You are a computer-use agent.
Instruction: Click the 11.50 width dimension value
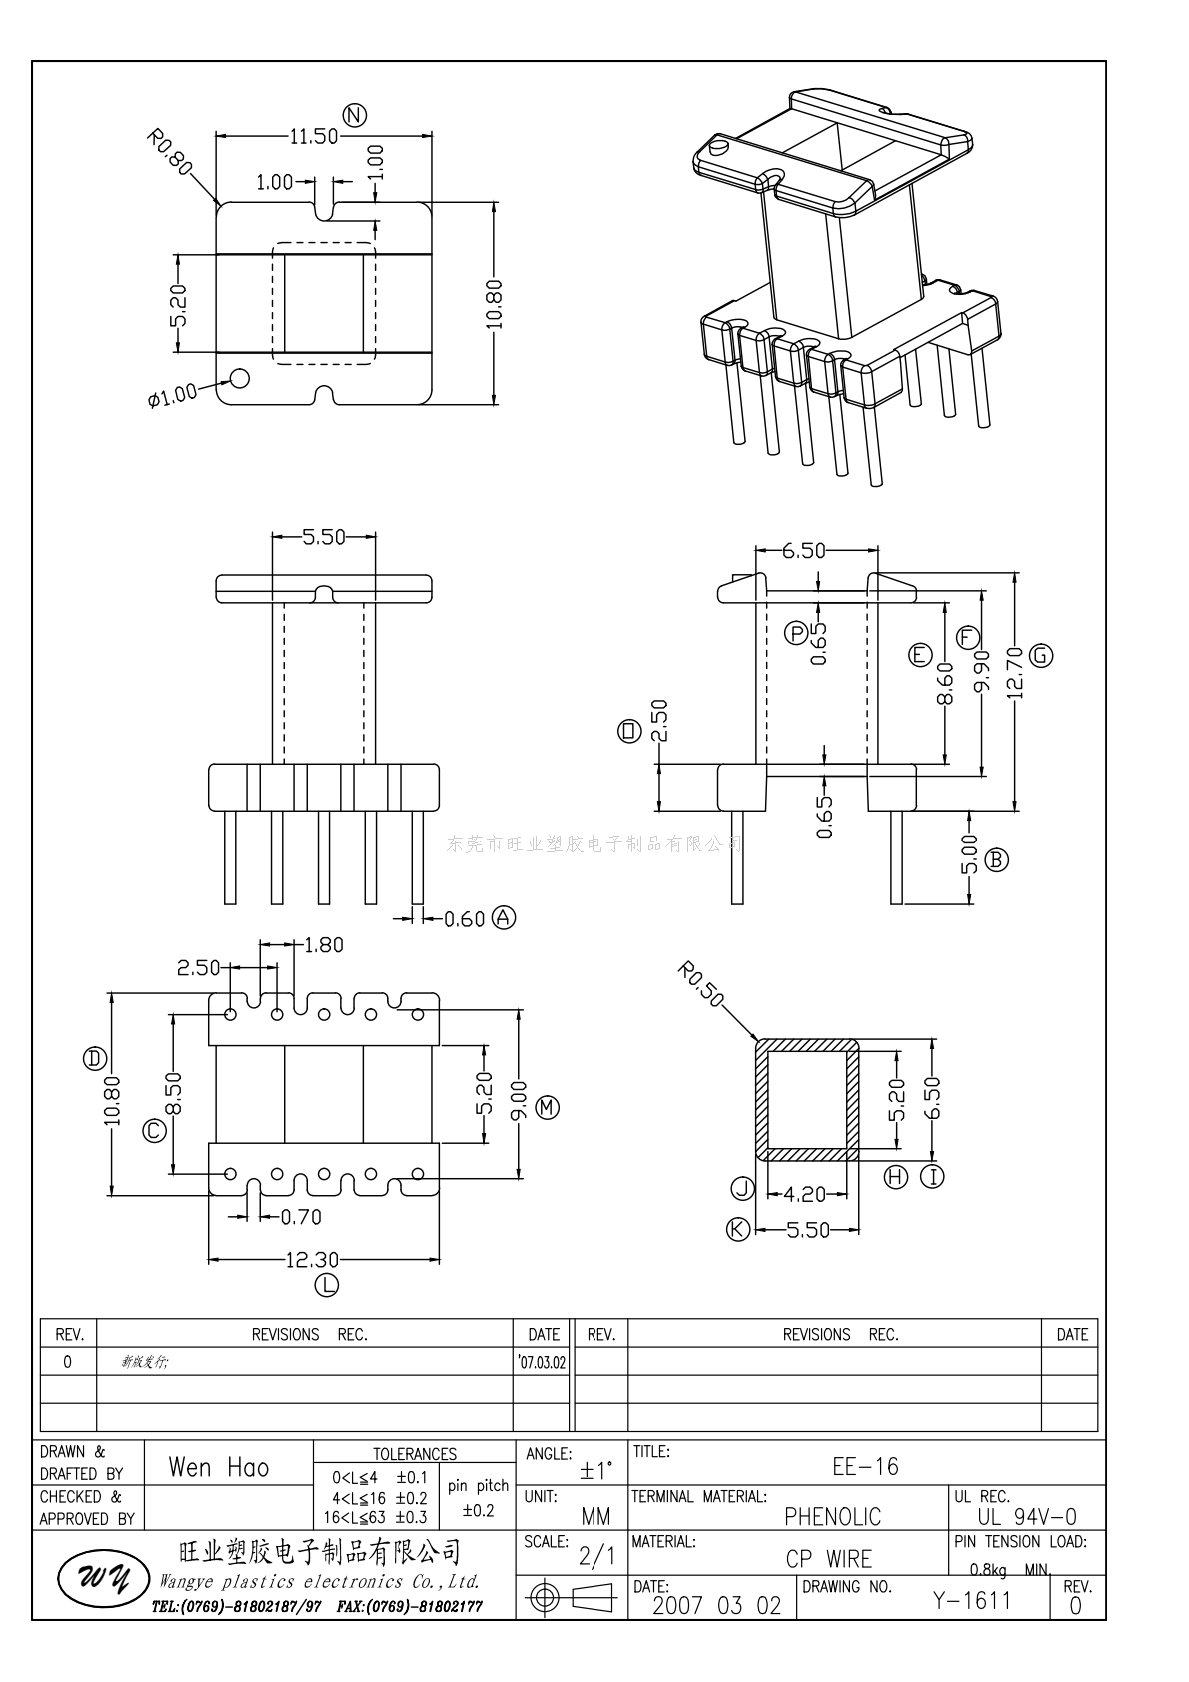[313, 136]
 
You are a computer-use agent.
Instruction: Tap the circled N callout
[354, 115]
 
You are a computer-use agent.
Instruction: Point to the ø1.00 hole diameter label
[172, 396]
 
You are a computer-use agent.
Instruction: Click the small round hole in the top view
[240, 378]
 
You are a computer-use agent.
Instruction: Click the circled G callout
[1042, 655]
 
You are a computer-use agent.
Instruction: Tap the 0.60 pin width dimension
[464, 919]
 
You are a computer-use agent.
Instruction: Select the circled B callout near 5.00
[996, 859]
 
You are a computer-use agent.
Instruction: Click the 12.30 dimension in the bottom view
[312, 1260]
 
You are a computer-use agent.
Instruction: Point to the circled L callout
[327, 1285]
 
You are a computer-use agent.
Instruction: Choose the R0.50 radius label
[698, 984]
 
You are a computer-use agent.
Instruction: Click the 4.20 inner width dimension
[805, 1194]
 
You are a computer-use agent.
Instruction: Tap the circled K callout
[737, 1229]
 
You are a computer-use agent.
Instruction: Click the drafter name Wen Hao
[218, 1467]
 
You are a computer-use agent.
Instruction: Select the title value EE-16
[865, 1466]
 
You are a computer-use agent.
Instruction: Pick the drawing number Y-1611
[972, 1601]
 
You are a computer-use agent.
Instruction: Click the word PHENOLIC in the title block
[832, 1516]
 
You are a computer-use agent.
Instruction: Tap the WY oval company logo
[95, 1579]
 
